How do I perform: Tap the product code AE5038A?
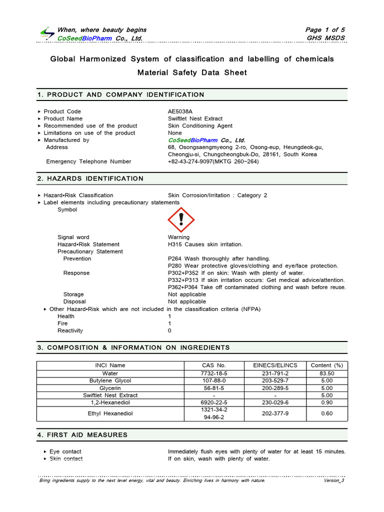[181, 111]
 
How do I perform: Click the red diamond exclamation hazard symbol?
[181, 219]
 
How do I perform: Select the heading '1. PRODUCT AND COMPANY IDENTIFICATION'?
[121, 94]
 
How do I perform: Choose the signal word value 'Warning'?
[178, 237]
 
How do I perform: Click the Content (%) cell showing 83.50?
[327, 373]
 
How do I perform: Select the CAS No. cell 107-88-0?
[214, 380]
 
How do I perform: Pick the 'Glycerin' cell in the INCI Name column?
[110, 387]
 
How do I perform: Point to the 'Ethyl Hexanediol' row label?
[110, 413]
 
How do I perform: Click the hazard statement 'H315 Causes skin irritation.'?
[205, 244]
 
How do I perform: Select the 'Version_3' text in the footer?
[334, 480]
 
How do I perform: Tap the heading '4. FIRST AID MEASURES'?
[82, 435]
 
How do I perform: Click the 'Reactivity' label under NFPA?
[70, 330]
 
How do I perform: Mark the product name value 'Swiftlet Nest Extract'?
[195, 118]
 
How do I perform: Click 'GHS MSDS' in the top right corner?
[325, 38]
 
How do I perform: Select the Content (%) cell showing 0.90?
[327, 402]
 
